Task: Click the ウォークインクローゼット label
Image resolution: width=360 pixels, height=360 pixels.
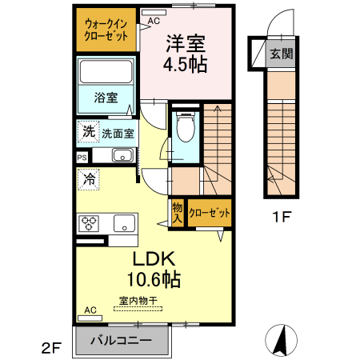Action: [107, 30]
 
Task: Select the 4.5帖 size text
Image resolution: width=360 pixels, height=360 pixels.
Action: [186, 64]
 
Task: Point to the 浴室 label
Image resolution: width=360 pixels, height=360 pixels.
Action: [106, 98]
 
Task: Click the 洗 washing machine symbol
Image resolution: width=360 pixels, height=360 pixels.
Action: [86, 131]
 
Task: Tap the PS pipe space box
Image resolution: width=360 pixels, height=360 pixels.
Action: [82, 158]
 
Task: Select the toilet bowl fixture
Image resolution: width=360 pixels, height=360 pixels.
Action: [186, 126]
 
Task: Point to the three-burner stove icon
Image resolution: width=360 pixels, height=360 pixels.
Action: [87, 222]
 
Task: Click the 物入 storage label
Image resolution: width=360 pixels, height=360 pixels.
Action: [177, 212]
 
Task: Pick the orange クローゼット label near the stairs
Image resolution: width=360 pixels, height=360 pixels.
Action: [210, 214]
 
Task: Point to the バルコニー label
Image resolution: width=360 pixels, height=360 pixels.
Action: [121, 340]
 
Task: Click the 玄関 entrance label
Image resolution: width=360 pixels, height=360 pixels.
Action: [281, 54]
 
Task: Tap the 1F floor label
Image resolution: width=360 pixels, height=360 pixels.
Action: [281, 214]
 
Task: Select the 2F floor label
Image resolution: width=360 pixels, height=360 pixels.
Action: [51, 347]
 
